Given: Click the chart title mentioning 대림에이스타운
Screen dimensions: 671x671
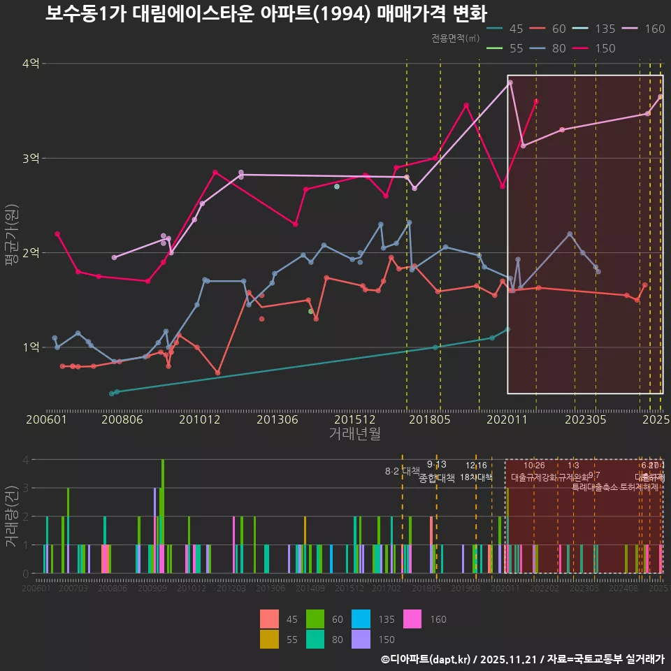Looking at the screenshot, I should coord(266,14).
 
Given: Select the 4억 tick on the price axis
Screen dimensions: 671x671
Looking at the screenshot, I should coord(30,64).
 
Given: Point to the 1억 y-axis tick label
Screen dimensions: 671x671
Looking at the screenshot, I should coord(30,347).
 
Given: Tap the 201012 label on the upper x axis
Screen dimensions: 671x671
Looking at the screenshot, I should coord(199,419).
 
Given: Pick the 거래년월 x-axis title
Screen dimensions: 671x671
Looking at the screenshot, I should coord(354,433).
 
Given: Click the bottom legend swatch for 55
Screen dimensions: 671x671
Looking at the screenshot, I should coord(269,639).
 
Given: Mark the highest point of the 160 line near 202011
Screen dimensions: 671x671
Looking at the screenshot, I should coord(510,82).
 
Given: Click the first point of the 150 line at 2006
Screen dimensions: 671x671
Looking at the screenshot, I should coord(57,234).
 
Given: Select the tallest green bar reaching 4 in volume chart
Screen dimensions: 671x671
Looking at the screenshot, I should coord(163,516).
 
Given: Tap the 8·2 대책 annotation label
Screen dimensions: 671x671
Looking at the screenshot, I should coord(402,471).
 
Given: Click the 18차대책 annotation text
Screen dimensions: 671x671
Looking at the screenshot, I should coord(476,477).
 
